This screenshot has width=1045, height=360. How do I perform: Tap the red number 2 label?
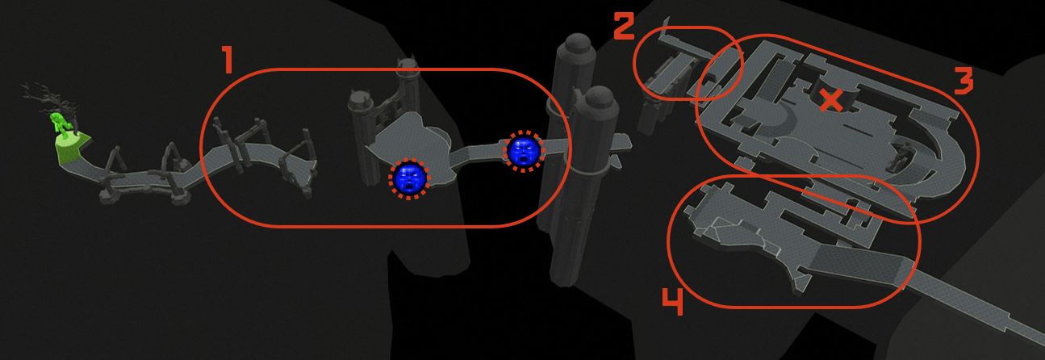[623, 26]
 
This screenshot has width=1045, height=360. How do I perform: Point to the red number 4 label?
[673, 302]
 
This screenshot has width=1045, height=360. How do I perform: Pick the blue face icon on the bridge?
[524, 151]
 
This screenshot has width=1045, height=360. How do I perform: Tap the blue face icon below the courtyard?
[409, 178]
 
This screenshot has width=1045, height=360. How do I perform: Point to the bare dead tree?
[47, 99]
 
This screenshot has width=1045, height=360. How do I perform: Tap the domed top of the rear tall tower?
[578, 45]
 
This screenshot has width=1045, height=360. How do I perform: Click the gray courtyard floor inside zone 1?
[406, 140]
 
